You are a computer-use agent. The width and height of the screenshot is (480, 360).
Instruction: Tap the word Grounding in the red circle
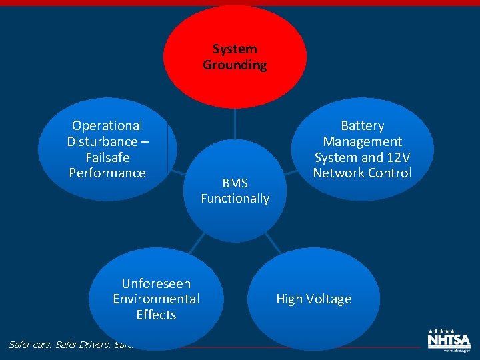235,65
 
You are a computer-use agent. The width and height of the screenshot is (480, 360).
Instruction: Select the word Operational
107,125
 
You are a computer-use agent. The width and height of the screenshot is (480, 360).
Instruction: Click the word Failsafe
107,157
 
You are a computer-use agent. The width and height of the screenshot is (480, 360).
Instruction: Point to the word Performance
107,173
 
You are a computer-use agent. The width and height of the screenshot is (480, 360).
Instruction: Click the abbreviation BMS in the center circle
235,183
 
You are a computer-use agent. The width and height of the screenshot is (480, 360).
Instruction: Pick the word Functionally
235,199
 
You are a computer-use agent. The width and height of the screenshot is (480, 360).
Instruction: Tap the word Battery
363,125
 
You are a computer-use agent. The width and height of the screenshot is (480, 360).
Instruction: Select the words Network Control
363,173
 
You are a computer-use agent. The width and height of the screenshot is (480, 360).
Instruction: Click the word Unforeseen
156,283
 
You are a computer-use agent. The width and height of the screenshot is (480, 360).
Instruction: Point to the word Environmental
156,299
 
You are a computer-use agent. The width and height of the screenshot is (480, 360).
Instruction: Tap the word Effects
156,315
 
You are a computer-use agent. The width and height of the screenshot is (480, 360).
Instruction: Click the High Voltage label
314,299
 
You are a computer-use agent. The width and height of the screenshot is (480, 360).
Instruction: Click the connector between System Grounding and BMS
235,123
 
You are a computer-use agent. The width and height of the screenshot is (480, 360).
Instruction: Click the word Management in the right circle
363,141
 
